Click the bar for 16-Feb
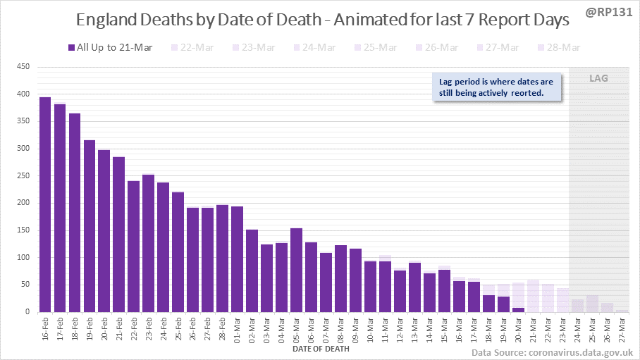[x=45, y=204]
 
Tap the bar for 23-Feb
[x=148, y=243]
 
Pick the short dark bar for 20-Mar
[x=518, y=309]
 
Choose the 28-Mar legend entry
[x=560, y=48]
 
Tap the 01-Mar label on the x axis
[x=238, y=329]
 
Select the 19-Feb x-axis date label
[x=90, y=329]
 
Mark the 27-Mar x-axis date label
[x=622, y=329]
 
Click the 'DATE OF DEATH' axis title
[x=320, y=348]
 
